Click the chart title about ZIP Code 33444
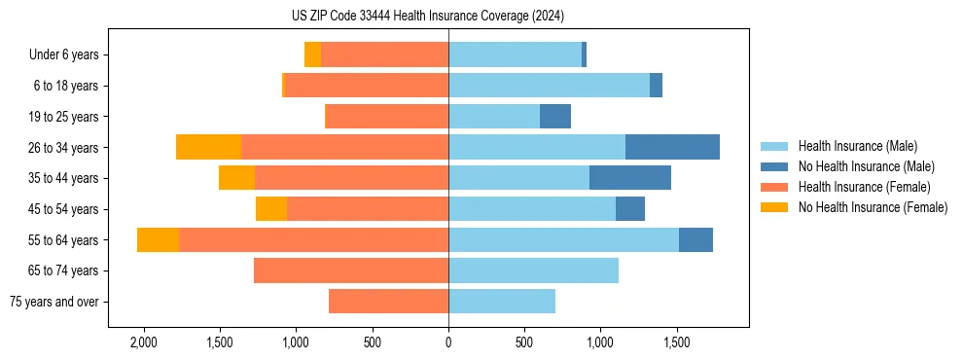tap(427, 16)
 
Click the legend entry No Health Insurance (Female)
tap(873, 207)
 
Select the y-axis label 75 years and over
tap(53, 302)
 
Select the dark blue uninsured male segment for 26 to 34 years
tap(672, 147)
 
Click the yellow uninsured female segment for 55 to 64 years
tap(158, 239)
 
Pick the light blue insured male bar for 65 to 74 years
tap(533, 270)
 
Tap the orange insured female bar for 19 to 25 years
tap(386, 117)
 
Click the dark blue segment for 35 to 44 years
tap(630, 178)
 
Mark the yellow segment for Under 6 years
tap(312, 55)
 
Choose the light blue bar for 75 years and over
tap(502, 302)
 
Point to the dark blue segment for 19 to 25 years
tap(555, 117)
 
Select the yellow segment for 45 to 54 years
tap(271, 209)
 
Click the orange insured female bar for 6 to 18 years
tap(367, 86)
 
